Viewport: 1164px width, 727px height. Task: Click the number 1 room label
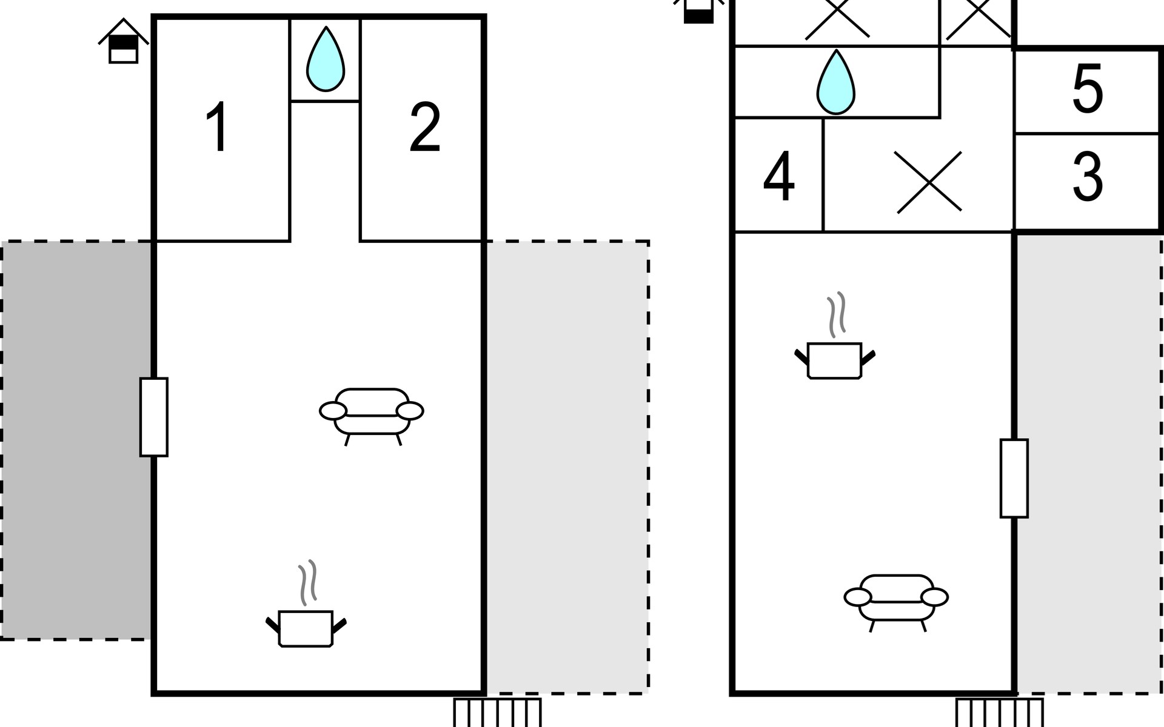click(217, 127)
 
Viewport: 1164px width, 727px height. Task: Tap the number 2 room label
click(424, 127)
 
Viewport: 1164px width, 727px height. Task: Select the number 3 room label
click(1088, 177)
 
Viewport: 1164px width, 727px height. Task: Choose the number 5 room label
click(1088, 89)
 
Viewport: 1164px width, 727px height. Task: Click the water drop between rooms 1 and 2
click(326, 60)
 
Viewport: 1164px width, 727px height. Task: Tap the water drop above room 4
click(835, 83)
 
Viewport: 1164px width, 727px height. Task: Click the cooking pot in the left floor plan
click(306, 628)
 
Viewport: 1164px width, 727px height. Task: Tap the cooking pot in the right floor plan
click(835, 360)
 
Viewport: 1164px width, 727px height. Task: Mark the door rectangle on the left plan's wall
click(154, 417)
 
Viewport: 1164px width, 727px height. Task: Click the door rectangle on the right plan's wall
click(1014, 478)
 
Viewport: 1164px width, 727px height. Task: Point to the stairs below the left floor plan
click(497, 712)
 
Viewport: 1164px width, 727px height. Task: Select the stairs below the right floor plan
click(999, 712)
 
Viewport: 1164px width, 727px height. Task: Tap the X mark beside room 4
click(928, 182)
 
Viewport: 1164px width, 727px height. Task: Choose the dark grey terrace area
click(76, 440)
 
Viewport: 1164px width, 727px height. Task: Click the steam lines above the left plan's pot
click(308, 582)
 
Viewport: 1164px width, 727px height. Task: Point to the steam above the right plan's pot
click(837, 314)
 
